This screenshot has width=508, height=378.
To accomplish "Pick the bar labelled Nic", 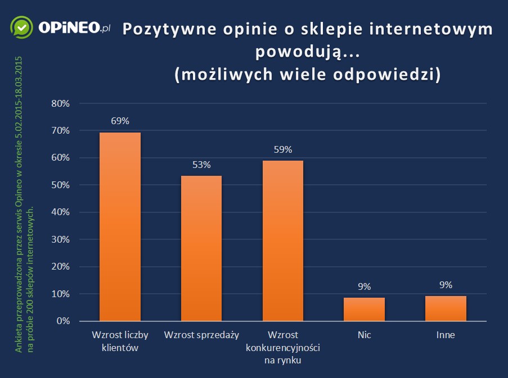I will pyautogui.click(x=364, y=309).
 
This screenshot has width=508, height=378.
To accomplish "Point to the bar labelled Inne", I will pyautogui.click(x=446, y=308).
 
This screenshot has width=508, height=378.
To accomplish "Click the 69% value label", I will pyautogui.click(x=120, y=121).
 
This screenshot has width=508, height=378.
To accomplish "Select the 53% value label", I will pyautogui.click(x=201, y=165).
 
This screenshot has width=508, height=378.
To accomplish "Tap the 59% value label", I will pyautogui.click(x=283, y=149).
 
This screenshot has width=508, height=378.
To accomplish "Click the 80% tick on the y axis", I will pyautogui.click(x=60, y=103).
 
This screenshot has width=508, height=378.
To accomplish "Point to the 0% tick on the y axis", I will pyautogui.click(x=62, y=321).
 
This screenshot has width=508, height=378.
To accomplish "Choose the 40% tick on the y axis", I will pyautogui.click(x=60, y=212).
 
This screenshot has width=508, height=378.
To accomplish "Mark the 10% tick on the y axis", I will pyautogui.click(x=60, y=294).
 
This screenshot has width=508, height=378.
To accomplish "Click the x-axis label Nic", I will pyautogui.click(x=364, y=335).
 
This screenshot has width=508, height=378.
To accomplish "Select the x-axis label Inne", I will pyautogui.click(x=446, y=335).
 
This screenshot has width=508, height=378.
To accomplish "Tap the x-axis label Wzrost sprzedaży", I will pyautogui.click(x=201, y=335).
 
